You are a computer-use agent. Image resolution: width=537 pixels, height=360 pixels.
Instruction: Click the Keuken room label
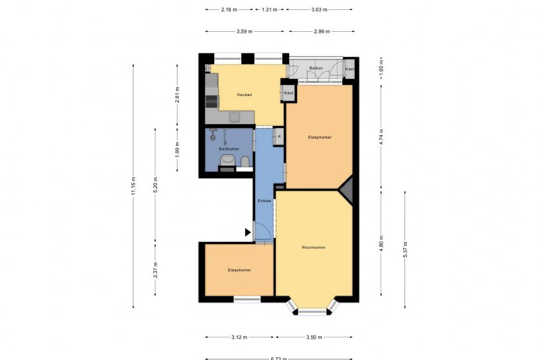(245, 95)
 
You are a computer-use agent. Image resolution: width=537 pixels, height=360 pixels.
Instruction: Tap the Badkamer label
(229, 149)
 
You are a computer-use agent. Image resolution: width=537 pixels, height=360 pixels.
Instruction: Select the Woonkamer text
(313, 247)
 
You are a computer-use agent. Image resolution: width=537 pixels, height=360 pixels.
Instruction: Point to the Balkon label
(316, 68)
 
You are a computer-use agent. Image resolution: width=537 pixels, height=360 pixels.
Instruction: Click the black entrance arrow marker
(248, 232)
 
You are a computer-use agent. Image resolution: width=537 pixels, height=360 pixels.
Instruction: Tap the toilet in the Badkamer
(245, 161)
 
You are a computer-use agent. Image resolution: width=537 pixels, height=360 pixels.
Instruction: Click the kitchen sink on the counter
(234, 117)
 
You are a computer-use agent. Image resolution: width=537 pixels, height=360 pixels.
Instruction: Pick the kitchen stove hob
(211, 101)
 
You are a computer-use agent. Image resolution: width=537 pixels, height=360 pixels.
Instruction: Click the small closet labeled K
(279, 137)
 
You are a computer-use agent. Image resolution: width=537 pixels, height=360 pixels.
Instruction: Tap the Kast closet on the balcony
(349, 69)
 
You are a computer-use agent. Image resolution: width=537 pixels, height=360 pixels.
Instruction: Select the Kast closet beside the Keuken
(288, 93)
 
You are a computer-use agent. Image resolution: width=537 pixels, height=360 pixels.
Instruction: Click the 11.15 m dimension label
(133, 185)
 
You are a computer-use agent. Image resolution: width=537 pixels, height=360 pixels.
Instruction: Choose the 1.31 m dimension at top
(269, 10)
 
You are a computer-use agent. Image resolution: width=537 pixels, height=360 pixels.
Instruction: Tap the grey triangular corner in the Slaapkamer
(347, 188)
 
